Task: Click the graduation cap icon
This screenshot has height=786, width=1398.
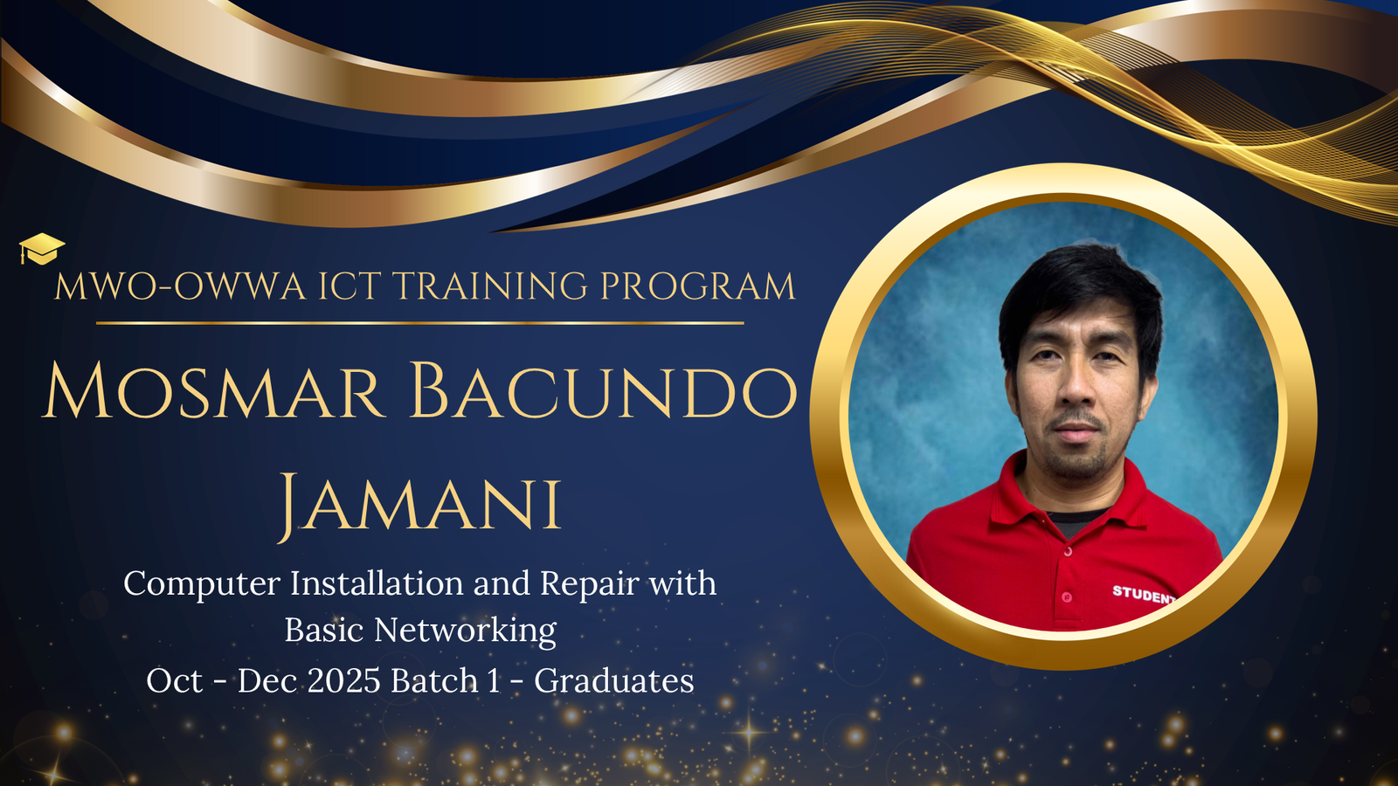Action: click(41, 250)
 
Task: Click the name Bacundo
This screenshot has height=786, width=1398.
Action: click(604, 391)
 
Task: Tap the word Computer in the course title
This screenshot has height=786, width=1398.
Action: click(202, 584)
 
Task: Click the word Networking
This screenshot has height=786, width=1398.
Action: click(465, 630)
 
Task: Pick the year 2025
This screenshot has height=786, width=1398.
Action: click(344, 680)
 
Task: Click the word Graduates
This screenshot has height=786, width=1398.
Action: click(613, 680)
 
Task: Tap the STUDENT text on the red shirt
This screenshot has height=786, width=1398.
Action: click(1144, 595)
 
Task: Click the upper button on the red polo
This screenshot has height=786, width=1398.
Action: click(1068, 551)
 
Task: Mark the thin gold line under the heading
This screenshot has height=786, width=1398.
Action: click(420, 323)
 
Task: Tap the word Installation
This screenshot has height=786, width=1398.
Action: click(377, 583)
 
